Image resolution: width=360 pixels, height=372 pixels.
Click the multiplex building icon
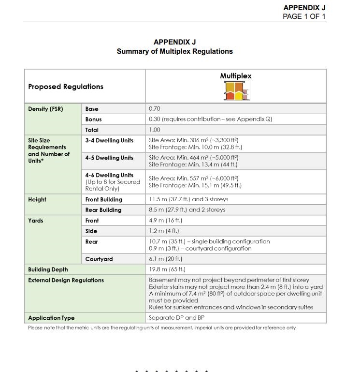click(x=235, y=90)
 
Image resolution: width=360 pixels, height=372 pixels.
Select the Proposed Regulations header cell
click(x=66, y=87)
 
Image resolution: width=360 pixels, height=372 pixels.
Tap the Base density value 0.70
click(x=154, y=109)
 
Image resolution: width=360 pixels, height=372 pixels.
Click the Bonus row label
click(x=93, y=119)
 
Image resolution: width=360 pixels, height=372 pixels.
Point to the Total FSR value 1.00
click(x=154, y=130)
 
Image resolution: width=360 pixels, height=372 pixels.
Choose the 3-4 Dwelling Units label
click(x=109, y=140)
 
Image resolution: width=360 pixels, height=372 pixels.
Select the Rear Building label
click(x=103, y=210)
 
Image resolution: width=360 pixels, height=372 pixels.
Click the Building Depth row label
click(x=48, y=269)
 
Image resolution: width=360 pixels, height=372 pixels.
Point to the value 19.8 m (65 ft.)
click(x=167, y=269)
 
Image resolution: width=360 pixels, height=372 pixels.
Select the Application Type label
click(x=51, y=318)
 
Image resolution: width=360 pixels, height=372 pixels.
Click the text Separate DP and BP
click(x=176, y=318)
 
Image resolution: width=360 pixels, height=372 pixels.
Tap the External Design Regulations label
click(x=66, y=280)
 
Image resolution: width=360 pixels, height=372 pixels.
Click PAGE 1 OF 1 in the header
click(x=304, y=16)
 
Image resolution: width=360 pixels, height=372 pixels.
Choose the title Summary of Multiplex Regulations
click(x=174, y=51)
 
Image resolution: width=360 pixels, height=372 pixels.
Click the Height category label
click(x=37, y=199)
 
